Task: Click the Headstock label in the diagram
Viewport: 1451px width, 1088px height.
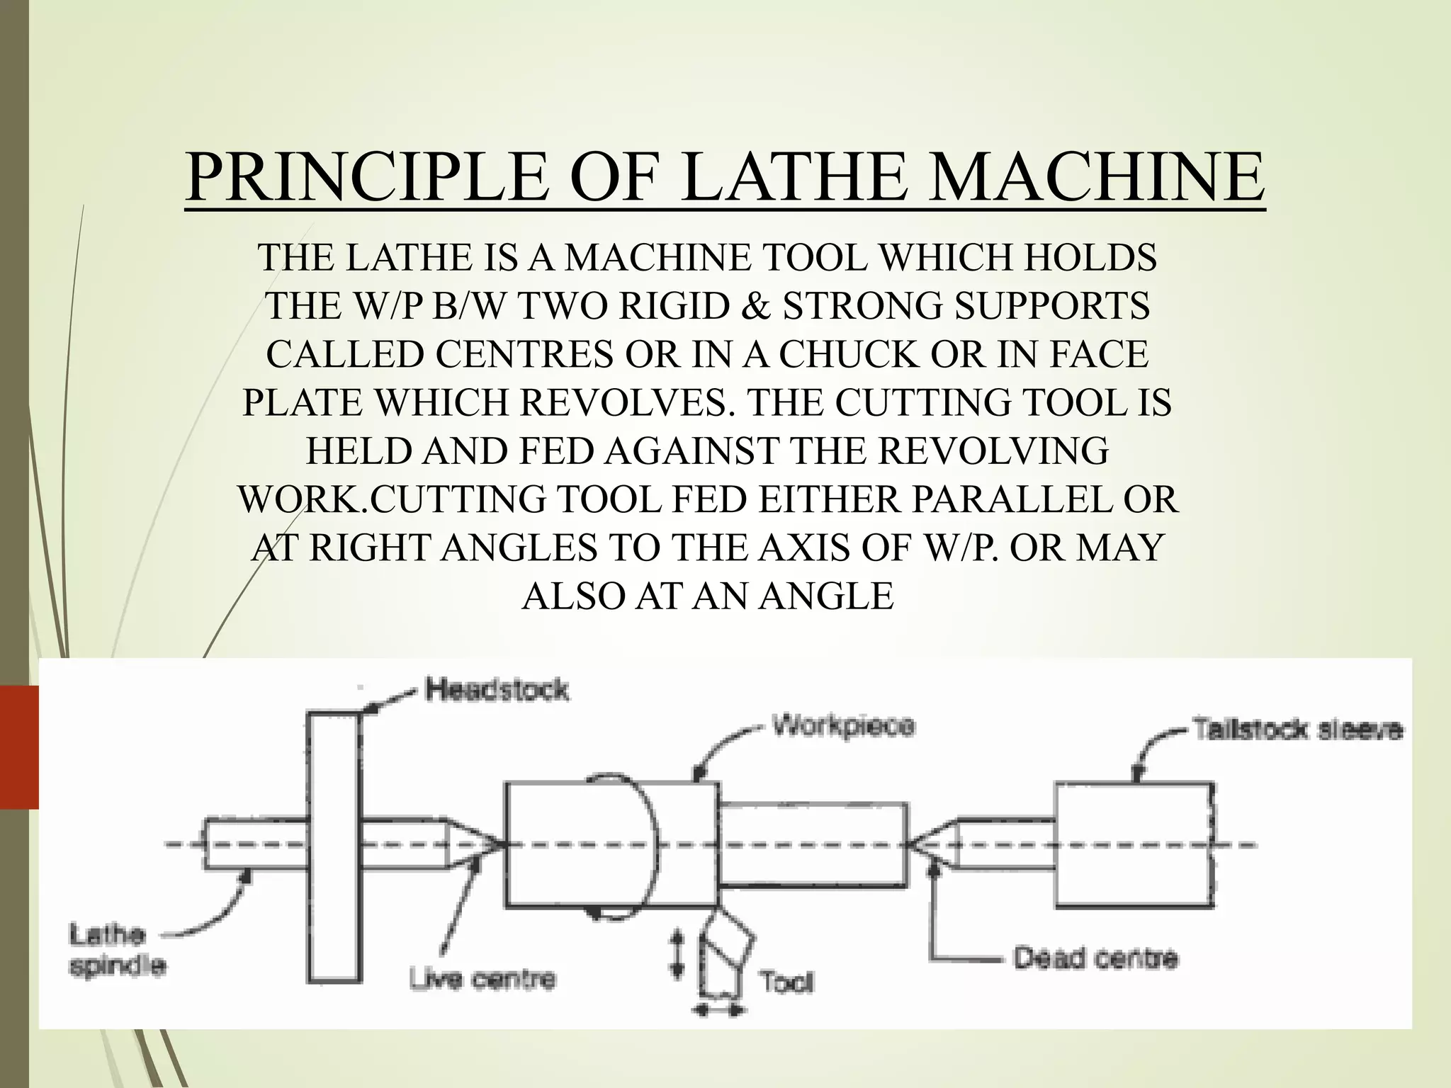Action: (497, 689)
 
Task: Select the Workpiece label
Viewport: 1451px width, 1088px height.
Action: (843, 726)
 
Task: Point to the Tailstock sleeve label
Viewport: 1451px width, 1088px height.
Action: (1297, 730)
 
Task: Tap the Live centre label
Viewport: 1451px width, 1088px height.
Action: (482, 979)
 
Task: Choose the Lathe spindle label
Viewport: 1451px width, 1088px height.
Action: (117, 950)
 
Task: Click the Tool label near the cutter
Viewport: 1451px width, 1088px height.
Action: (786, 982)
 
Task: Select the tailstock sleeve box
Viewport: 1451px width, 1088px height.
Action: (1134, 844)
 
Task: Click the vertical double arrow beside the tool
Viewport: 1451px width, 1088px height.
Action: (677, 953)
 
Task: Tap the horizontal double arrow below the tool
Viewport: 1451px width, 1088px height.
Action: (718, 1010)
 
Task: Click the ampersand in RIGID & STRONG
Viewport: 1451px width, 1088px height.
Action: (756, 306)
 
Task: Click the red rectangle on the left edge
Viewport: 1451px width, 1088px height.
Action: (19, 747)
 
